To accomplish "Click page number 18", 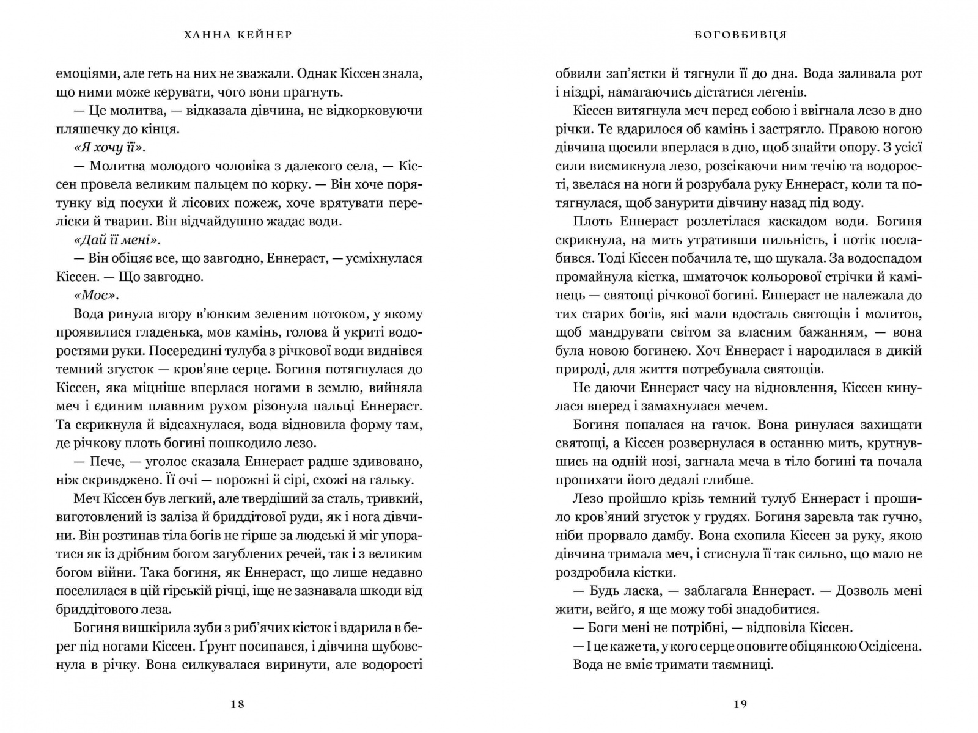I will click(x=238, y=704).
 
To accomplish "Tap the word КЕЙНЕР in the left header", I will click(x=263, y=35).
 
